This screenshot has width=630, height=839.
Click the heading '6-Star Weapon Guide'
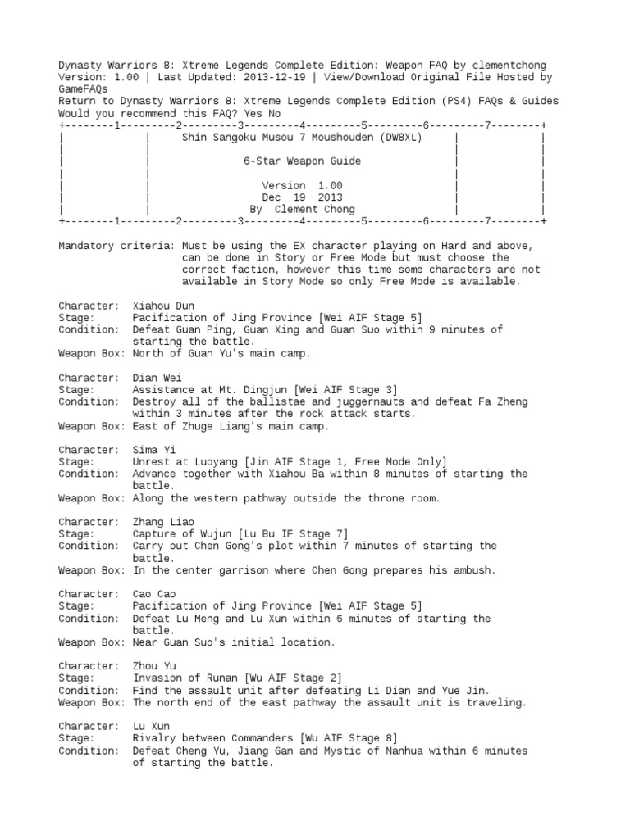click(x=302, y=161)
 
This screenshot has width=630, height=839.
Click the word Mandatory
click(x=86, y=246)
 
